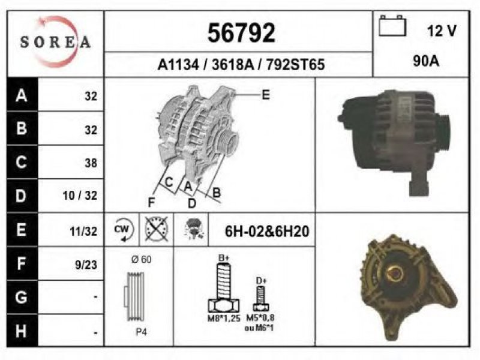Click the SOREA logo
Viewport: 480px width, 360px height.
click(55, 42)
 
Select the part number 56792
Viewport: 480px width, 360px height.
click(241, 33)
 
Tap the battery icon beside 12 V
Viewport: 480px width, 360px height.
click(392, 26)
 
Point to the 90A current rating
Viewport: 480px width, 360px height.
click(426, 61)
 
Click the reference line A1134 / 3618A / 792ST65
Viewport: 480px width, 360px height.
click(241, 65)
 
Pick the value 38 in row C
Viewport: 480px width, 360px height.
click(91, 163)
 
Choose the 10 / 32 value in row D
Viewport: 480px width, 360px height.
click(80, 196)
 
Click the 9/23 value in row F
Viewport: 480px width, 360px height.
click(86, 265)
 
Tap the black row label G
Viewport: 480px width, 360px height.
click(22, 297)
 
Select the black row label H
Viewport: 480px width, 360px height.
click(22, 331)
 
